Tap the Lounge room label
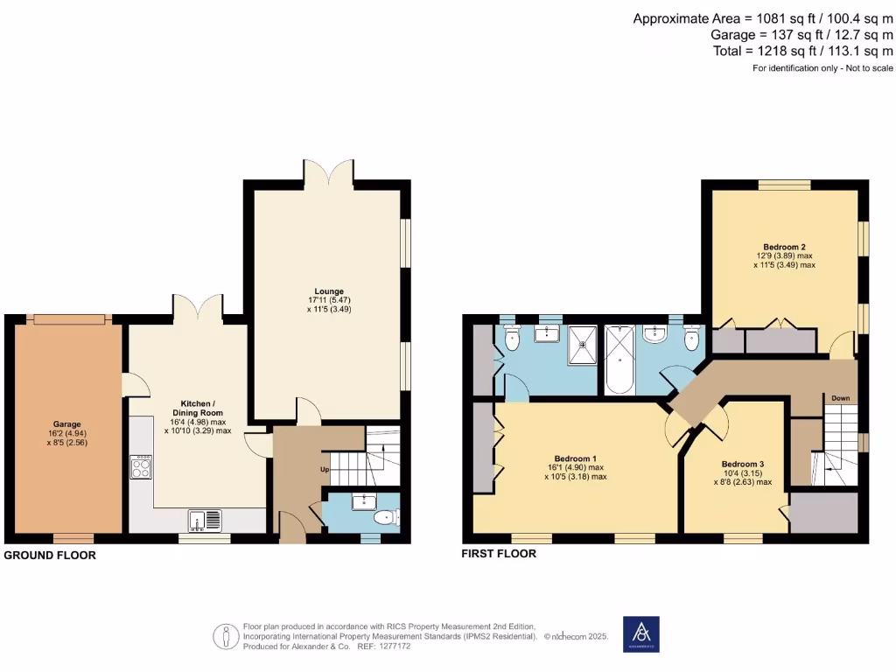click(329, 291)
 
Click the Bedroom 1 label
click(575, 459)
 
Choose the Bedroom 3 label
click(743, 464)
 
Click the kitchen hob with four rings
click(141, 467)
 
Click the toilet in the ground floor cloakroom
click(382, 518)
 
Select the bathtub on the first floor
click(619, 358)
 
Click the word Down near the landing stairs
click(841, 397)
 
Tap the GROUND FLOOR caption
click(50, 556)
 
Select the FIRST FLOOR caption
click(499, 554)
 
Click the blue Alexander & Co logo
click(640, 634)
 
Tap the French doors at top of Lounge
click(329, 172)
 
